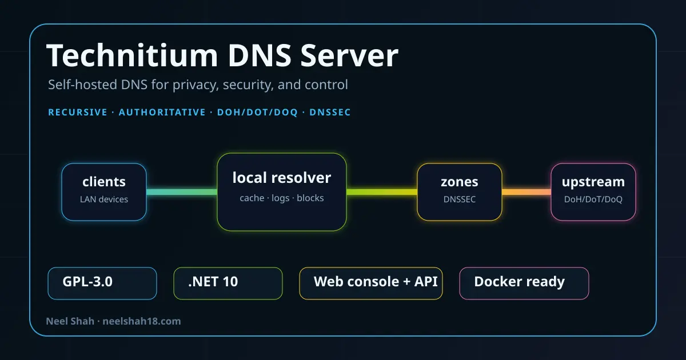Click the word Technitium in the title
pyautogui.click(x=132, y=55)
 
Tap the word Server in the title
pyautogui.click(x=349, y=55)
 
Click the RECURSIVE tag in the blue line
pyautogui.click(x=78, y=113)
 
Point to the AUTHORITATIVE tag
pyautogui.click(x=162, y=113)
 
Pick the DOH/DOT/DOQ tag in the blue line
pyautogui.click(x=257, y=113)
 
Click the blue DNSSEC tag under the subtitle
pyautogui.click(x=330, y=113)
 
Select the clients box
pyautogui.click(x=104, y=192)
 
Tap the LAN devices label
pyautogui.click(x=104, y=199)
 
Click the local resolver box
pyautogui.click(x=282, y=192)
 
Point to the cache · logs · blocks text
pyautogui.click(x=282, y=198)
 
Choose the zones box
pyautogui.click(x=460, y=192)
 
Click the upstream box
pyautogui.click(x=593, y=192)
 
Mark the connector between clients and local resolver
pyautogui.click(x=182, y=192)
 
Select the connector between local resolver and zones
pyautogui.click(x=382, y=192)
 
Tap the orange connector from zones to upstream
pyautogui.click(x=527, y=192)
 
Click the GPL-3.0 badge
pyautogui.click(x=102, y=283)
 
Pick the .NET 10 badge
pyautogui.click(x=228, y=283)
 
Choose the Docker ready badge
pyautogui.click(x=524, y=283)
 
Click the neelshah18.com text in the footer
pyautogui.click(x=142, y=321)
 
